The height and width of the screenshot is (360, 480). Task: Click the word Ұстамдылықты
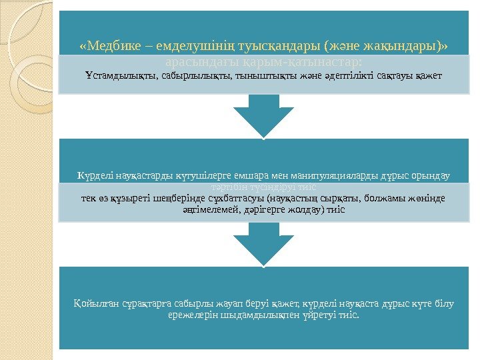click(121, 75)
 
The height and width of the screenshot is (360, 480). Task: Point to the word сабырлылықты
click(192, 75)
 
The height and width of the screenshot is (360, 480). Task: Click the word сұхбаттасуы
click(233, 197)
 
